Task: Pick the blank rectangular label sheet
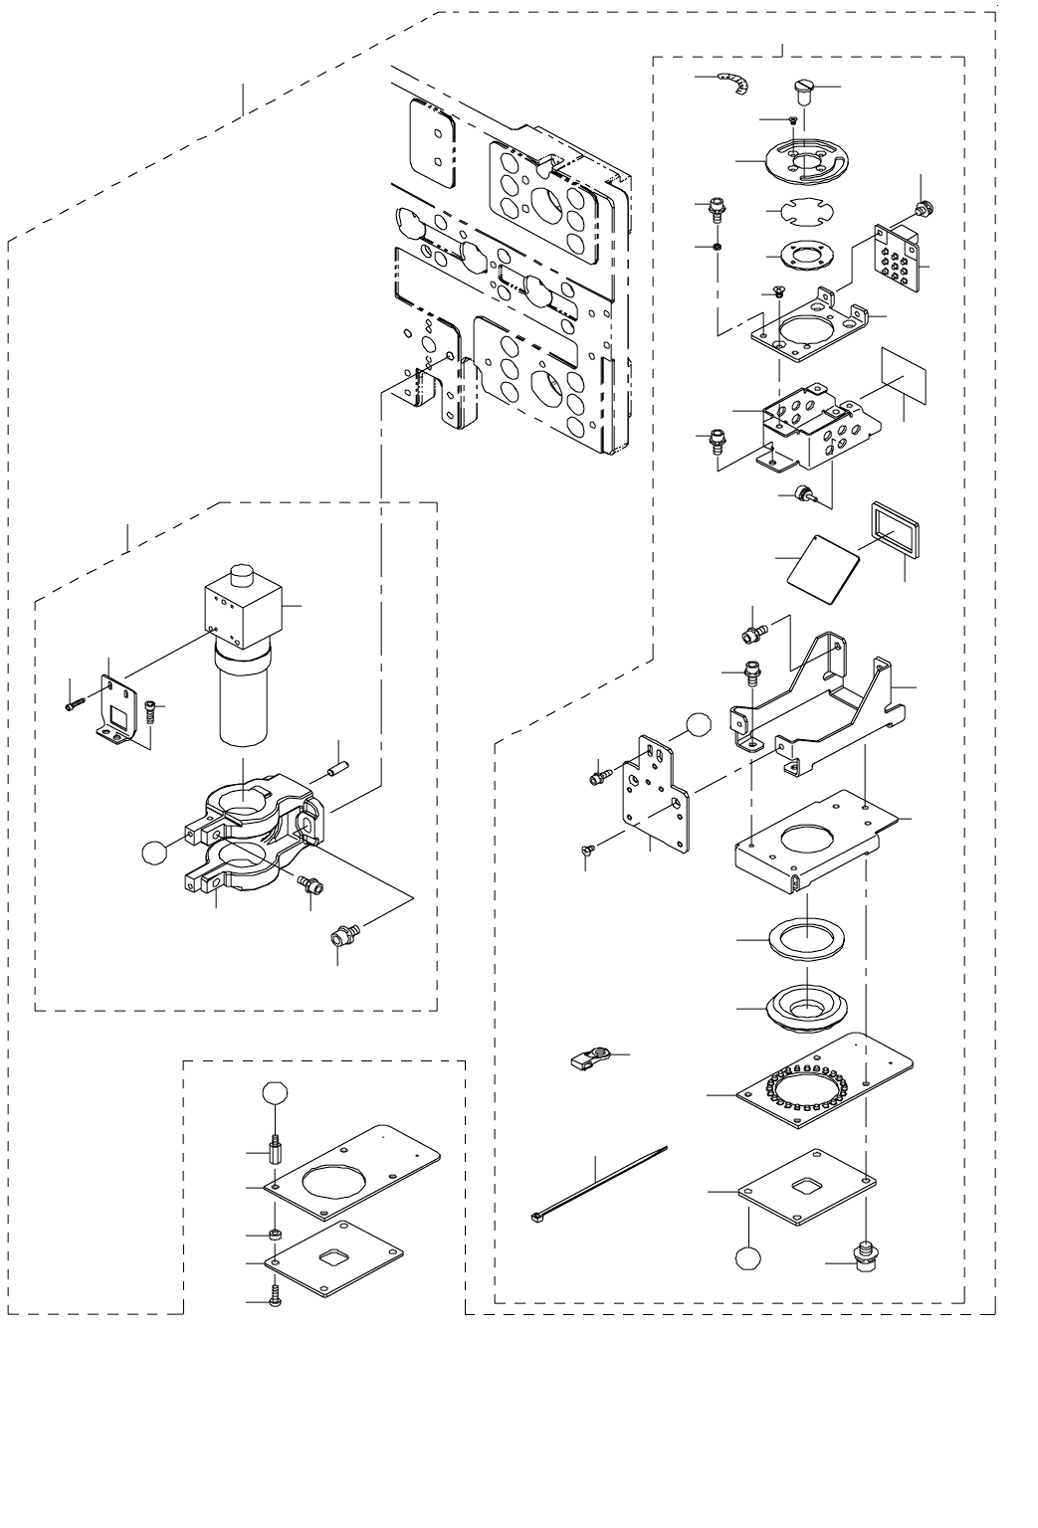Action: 904,377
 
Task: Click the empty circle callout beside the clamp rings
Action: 154,852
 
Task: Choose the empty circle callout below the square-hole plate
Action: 749,1256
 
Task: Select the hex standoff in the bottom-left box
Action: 273,1154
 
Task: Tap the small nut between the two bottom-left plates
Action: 275,1236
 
